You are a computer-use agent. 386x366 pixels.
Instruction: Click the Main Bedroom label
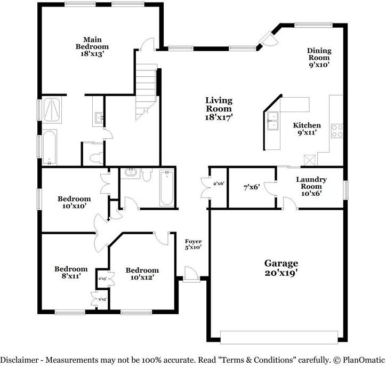(x=92, y=46)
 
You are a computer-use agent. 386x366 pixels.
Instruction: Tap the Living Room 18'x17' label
(x=219, y=109)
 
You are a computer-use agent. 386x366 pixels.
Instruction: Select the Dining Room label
(x=319, y=58)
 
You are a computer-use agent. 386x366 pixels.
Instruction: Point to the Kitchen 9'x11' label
(x=307, y=129)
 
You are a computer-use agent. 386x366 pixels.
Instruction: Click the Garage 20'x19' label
(x=281, y=268)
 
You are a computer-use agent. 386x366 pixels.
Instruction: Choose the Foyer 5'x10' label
(x=193, y=244)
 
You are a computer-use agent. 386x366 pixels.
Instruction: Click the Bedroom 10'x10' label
(x=74, y=202)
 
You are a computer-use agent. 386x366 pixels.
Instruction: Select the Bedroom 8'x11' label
(x=71, y=273)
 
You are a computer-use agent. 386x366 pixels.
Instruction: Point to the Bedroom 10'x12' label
(x=142, y=274)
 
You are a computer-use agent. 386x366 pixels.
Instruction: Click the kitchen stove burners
(x=337, y=131)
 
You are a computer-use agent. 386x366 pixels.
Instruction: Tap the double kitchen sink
(x=273, y=121)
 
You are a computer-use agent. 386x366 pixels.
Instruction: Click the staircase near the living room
(x=146, y=92)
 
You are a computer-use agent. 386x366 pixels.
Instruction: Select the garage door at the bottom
(x=279, y=337)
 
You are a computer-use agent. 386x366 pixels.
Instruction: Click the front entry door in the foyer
(x=191, y=273)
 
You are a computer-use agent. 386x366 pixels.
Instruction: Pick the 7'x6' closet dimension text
(x=252, y=187)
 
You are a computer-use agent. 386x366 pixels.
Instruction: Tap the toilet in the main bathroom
(x=96, y=157)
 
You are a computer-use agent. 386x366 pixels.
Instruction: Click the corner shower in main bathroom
(x=52, y=110)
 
